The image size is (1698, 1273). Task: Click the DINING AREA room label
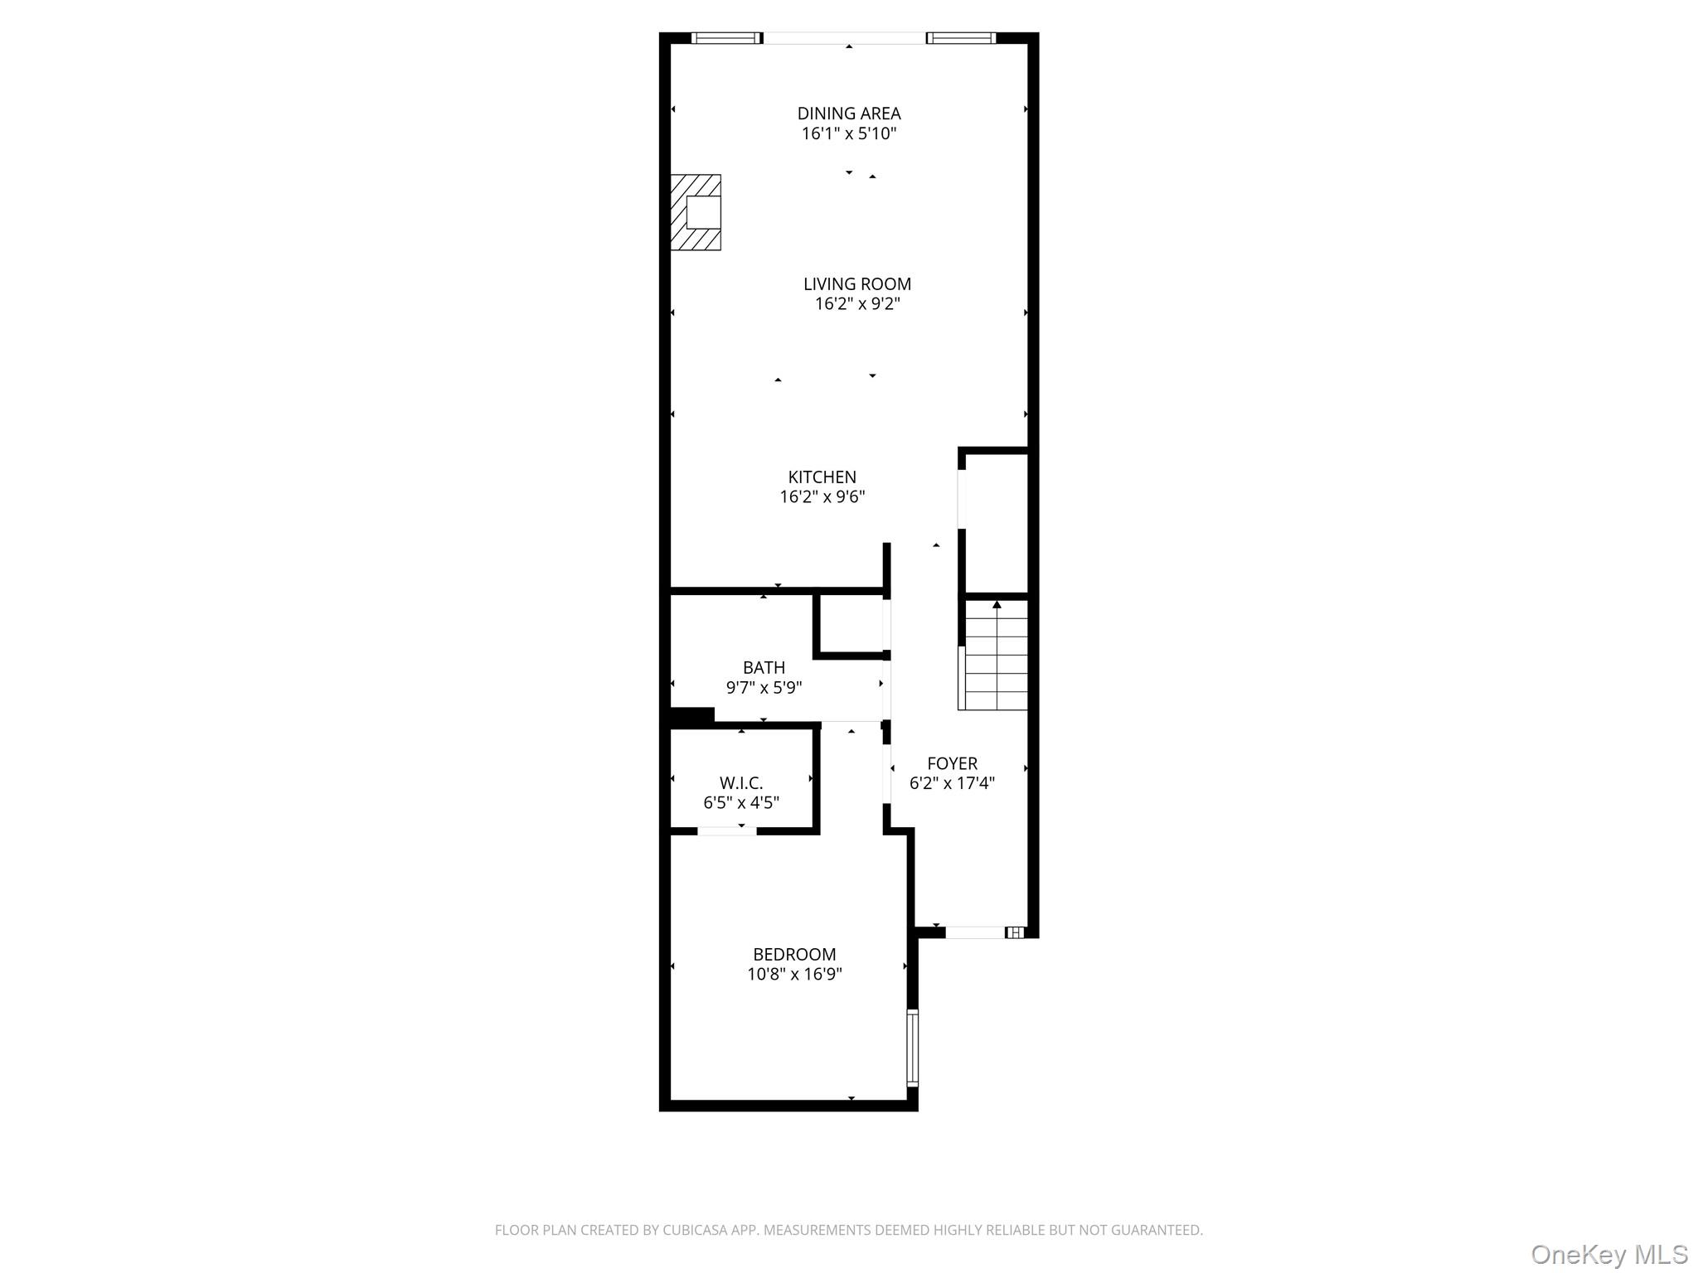(x=848, y=114)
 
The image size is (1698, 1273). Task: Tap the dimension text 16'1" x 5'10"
(x=848, y=134)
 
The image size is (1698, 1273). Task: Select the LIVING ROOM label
(x=856, y=284)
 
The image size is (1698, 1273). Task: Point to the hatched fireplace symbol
(x=696, y=212)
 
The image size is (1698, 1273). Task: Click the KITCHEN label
(x=822, y=477)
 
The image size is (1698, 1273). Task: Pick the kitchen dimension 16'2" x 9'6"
(x=822, y=497)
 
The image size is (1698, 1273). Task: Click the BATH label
(x=764, y=668)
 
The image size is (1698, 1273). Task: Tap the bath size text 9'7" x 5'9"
(x=764, y=688)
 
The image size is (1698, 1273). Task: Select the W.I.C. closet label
(x=740, y=783)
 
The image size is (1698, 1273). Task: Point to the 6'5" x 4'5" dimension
(x=740, y=803)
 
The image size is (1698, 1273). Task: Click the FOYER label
(x=952, y=763)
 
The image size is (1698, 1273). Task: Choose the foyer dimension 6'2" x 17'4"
(x=952, y=783)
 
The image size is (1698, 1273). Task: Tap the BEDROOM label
(x=794, y=955)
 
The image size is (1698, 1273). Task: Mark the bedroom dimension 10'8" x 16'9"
(x=794, y=975)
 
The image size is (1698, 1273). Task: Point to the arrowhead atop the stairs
(x=997, y=605)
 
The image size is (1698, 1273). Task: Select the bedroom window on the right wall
(x=912, y=1048)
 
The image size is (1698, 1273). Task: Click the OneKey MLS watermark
(x=1608, y=1255)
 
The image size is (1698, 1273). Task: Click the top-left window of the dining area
(x=726, y=38)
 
